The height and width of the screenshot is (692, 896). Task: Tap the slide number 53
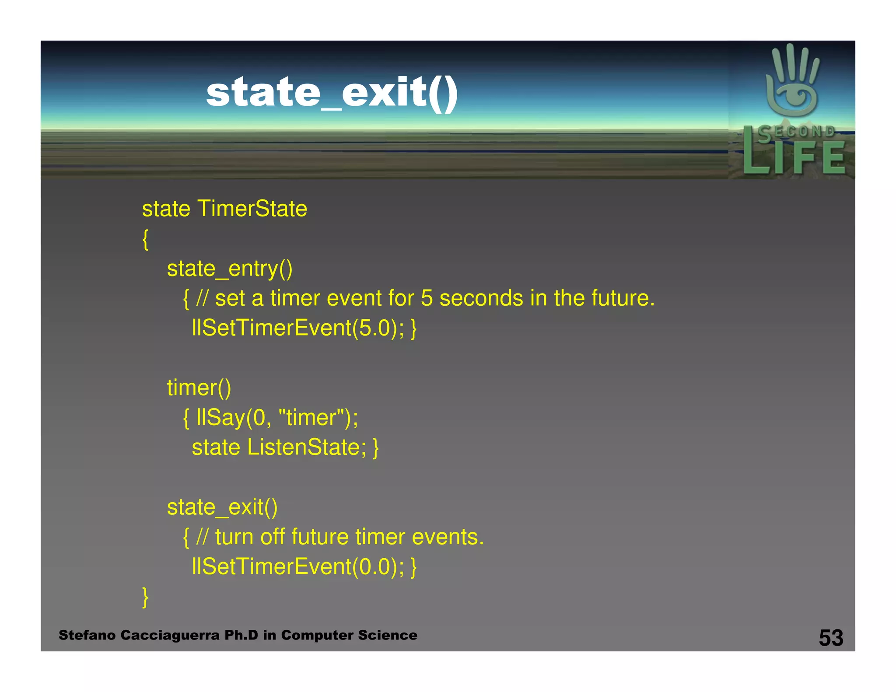(831, 638)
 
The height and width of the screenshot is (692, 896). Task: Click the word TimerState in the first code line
(252, 209)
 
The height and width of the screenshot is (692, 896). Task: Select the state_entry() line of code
(230, 269)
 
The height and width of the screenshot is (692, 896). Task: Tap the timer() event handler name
(199, 388)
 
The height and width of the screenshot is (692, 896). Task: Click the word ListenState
(307, 447)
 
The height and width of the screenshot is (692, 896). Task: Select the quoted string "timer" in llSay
(310, 417)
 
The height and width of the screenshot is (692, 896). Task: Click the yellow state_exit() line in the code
(222, 507)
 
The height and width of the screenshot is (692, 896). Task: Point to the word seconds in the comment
(481, 298)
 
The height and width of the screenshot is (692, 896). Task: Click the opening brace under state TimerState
(146, 239)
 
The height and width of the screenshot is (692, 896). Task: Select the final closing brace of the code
(146, 597)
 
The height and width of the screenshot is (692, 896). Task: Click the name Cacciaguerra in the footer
(170, 635)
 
